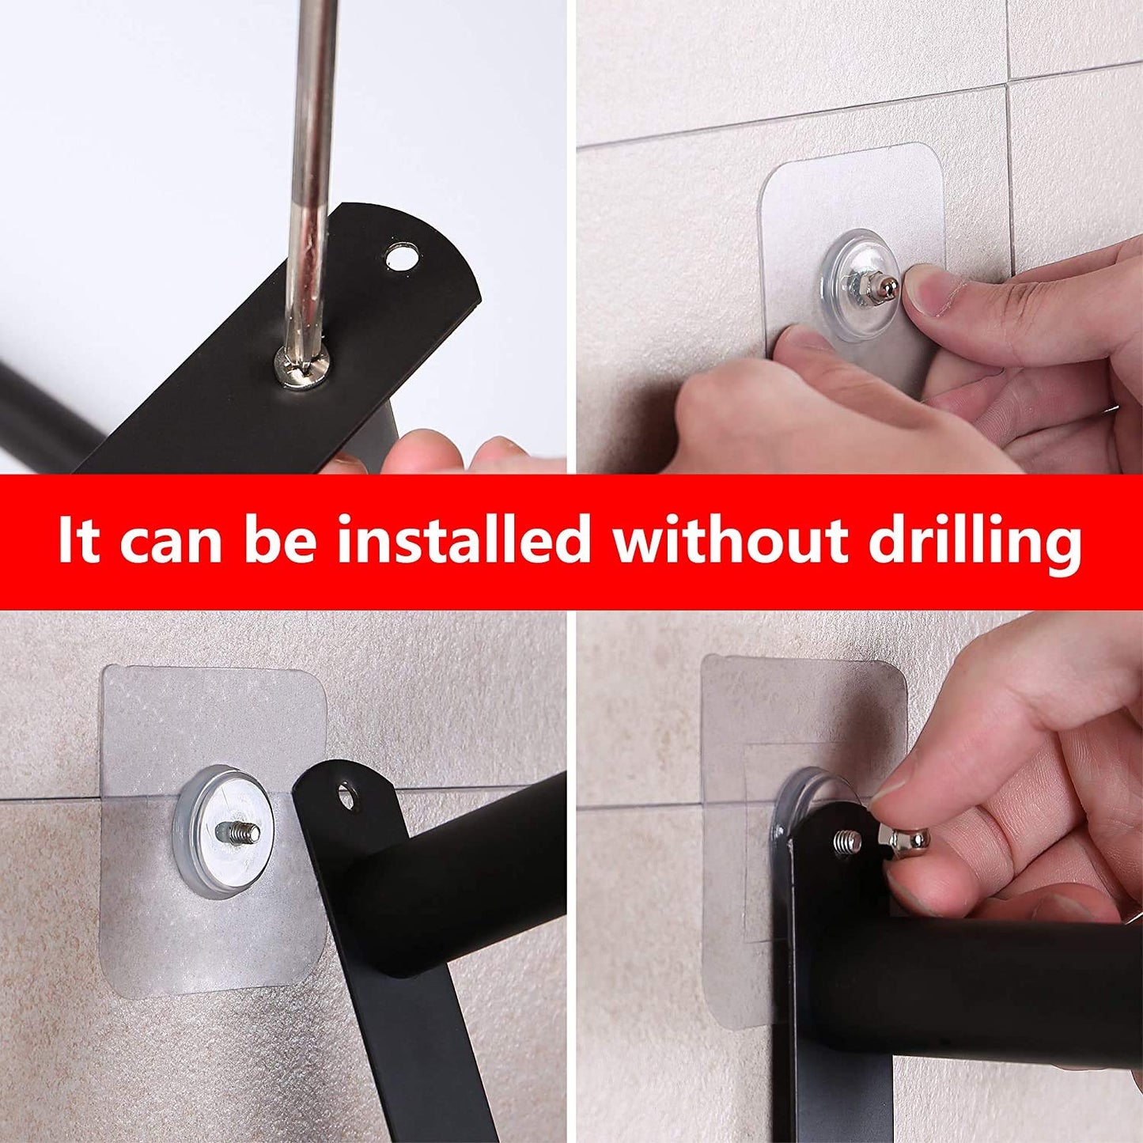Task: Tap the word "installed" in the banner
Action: click(x=464, y=540)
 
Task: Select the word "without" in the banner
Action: click(x=731, y=540)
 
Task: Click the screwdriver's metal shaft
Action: click(x=311, y=158)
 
